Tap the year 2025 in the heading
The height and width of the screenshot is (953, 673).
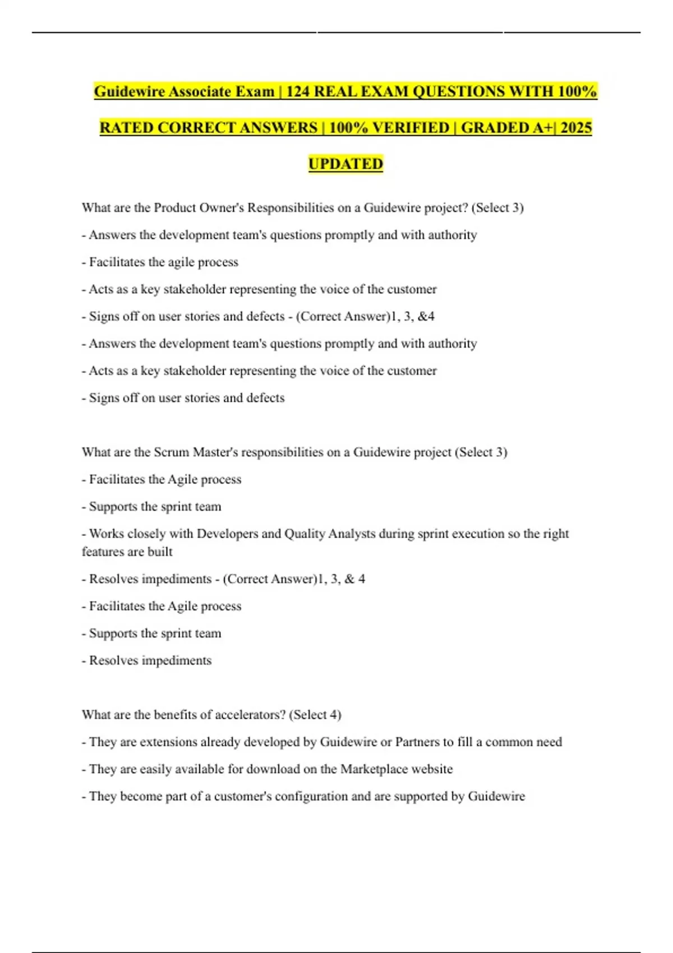(x=575, y=128)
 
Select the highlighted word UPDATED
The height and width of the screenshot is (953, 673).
(x=345, y=164)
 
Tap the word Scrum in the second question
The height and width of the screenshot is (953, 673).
(x=172, y=452)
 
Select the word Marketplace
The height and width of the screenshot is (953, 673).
(x=374, y=769)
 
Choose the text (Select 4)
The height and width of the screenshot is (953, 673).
(x=315, y=715)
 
